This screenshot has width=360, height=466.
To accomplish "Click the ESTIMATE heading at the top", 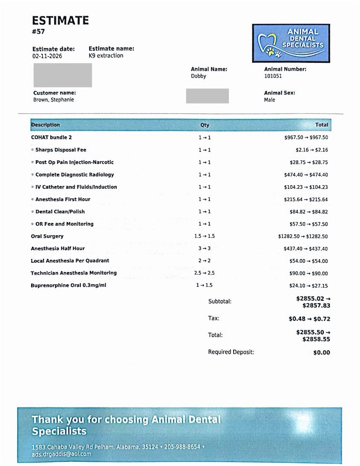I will point(61,20).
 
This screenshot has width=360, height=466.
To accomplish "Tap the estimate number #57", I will point(38,31).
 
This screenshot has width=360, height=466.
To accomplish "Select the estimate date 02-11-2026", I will point(47,56).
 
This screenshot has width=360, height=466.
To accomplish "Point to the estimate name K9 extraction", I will point(106,56).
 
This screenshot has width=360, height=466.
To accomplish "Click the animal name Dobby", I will point(199,76).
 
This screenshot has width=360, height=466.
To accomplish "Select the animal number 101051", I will point(273,76).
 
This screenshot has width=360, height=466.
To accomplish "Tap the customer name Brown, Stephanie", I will point(53,100).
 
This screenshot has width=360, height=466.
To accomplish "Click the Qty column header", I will point(205,125).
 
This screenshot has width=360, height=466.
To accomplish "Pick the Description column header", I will point(46,125).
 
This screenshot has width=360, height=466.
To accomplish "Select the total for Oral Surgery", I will point(303,236).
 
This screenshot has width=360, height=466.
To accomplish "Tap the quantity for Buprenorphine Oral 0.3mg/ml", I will point(204,285).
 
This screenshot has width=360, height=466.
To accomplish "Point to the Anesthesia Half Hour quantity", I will point(205,249).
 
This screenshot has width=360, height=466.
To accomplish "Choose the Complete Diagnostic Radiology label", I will point(74,175).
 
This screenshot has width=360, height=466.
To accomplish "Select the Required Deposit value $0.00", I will point(322,352).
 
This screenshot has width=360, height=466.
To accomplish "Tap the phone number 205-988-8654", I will point(182,447).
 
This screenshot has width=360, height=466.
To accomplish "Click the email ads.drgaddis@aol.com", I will point(61,454).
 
